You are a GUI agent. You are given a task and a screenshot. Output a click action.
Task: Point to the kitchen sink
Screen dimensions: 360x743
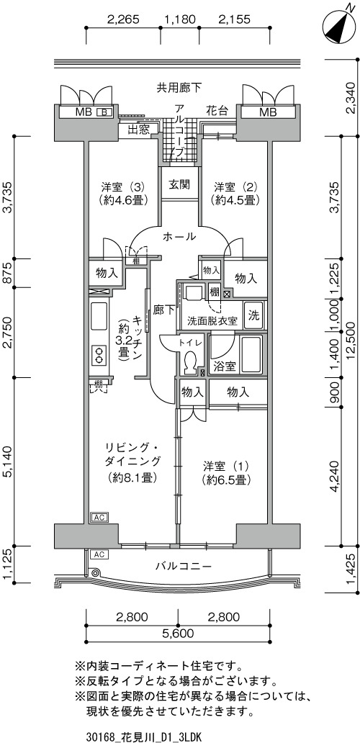[99, 318]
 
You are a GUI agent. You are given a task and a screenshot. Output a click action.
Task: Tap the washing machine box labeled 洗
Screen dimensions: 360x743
[254, 316]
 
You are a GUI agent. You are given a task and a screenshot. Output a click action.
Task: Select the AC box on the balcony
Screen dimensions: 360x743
[99, 554]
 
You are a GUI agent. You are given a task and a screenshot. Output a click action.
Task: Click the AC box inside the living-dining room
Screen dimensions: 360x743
[99, 517]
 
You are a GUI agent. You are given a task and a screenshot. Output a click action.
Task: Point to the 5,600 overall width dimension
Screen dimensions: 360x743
[179, 633]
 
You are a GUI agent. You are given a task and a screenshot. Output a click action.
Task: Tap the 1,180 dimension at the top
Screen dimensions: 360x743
[179, 19]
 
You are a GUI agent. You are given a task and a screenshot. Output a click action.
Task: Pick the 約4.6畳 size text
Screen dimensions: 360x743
[124, 200]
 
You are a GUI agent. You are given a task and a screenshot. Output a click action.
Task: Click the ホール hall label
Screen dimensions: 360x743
[179, 236]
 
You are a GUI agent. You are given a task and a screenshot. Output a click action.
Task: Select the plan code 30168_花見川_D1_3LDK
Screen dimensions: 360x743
[145, 737]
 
